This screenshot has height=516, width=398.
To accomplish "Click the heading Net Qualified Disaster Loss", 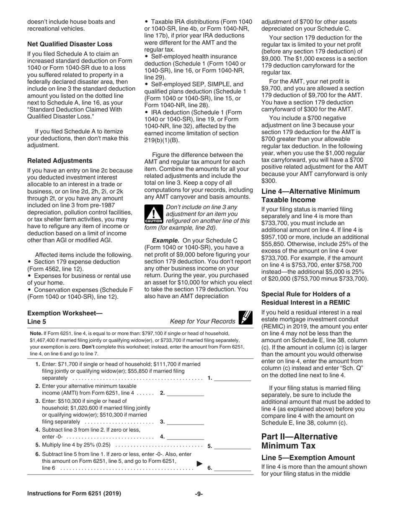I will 70,44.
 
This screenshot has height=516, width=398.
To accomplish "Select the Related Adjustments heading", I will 60,161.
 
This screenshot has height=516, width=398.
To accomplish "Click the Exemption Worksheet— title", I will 65,313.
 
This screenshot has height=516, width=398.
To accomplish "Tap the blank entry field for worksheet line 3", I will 186,421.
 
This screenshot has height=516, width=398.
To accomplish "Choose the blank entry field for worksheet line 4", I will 186,436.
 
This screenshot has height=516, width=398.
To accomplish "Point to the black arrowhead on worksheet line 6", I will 199,464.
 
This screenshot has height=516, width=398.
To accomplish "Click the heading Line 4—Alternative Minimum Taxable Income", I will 310,195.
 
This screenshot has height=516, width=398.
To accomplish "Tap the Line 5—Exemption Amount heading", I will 308,458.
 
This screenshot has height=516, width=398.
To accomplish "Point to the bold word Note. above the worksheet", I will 36,333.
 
